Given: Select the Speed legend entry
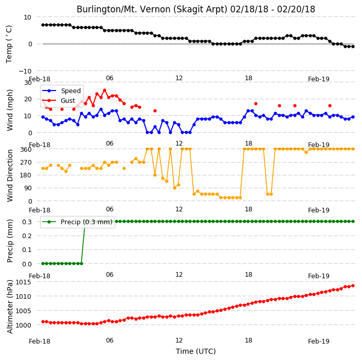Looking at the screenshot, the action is click(x=61, y=91).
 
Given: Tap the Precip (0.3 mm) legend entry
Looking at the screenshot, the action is click(x=77, y=222).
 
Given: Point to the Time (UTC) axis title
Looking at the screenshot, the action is click(x=196, y=351).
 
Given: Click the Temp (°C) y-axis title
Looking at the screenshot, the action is click(x=9, y=44).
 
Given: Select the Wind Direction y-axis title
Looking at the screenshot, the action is click(x=10, y=175).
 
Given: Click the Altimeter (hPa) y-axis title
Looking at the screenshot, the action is click(x=10, y=307).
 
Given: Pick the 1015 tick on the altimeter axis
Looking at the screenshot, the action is click(x=23, y=282).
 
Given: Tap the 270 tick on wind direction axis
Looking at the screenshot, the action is click(x=26, y=163).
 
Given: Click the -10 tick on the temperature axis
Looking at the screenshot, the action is click(x=25, y=71).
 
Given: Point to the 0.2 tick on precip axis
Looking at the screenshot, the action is click(x=27, y=236).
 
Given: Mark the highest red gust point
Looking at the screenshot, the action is click(x=104, y=91).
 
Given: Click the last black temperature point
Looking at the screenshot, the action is click(x=353, y=46).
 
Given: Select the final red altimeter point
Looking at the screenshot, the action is click(x=353, y=285).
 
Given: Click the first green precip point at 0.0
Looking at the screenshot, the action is click(x=43, y=263).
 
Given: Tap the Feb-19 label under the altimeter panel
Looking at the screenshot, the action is click(x=319, y=341).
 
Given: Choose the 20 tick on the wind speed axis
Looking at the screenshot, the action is click(x=28, y=99).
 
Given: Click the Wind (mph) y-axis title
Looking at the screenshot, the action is click(x=10, y=110).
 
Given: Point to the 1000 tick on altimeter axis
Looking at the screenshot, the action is click(x=23, y=325).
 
